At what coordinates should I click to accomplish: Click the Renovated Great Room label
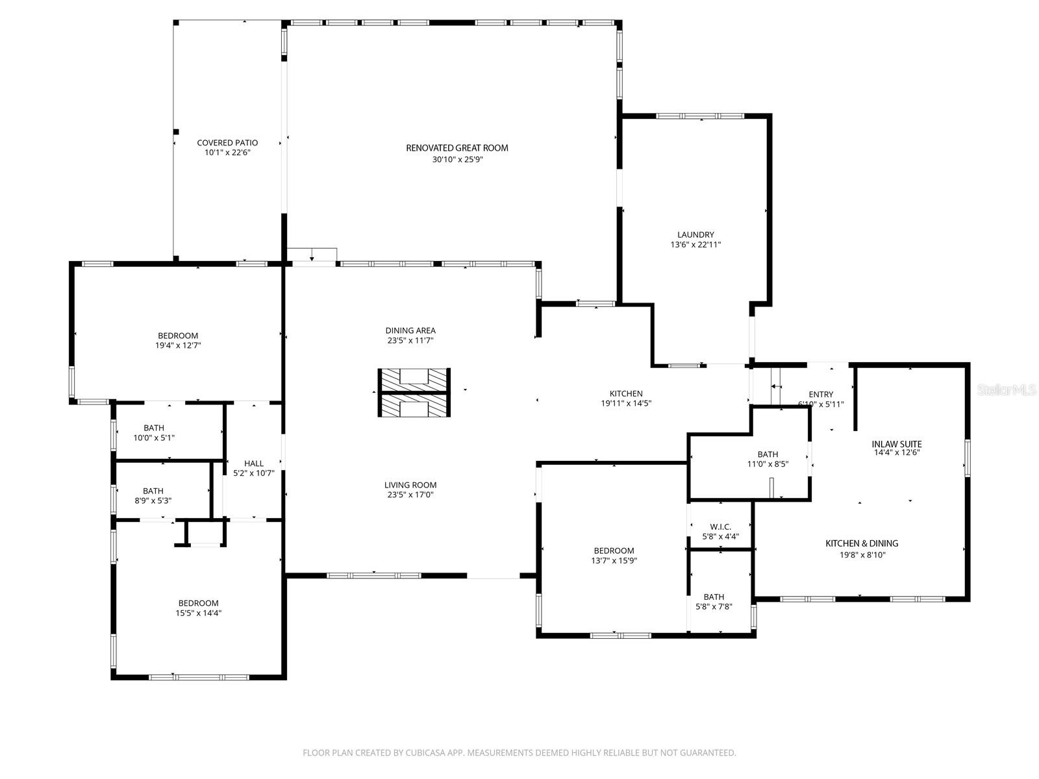457,148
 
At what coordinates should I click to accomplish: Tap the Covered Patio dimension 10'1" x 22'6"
227,153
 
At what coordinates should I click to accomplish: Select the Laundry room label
695,235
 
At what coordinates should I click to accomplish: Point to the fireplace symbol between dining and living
414,393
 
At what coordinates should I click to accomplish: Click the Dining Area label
410,330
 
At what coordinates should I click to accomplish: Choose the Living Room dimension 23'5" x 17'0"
410,495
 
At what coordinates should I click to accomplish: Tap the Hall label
254,463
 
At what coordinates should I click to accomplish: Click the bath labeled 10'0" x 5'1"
154,432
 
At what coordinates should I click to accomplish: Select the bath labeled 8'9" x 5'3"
153,495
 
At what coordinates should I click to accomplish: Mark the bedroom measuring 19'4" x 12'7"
178,341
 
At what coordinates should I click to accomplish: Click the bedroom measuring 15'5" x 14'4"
198,608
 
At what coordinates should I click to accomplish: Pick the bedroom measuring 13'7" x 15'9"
614,556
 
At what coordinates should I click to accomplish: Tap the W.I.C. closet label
720,526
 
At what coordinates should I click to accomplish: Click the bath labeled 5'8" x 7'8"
714,602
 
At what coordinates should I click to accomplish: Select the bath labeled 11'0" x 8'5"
768,459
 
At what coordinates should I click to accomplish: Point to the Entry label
821,394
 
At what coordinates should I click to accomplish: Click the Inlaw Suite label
896,444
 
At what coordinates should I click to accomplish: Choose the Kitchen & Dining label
862,543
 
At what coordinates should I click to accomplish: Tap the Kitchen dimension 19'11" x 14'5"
626,403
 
